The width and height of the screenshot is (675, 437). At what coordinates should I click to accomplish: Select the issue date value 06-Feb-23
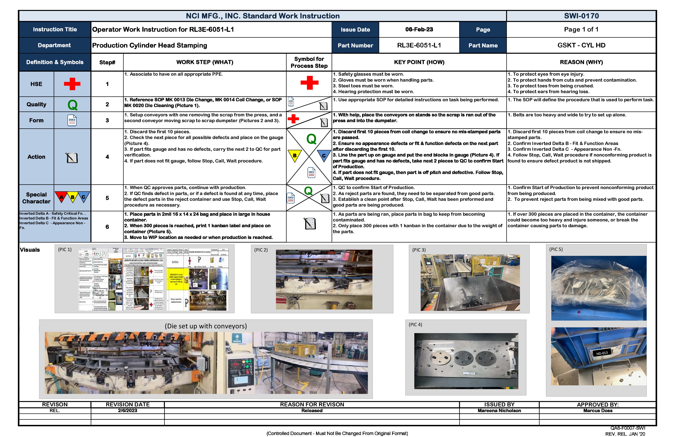tap(419, 30)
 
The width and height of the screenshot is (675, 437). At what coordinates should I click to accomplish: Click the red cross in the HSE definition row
tap(72, 84)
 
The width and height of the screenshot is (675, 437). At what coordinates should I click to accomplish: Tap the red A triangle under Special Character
tap(61, 197)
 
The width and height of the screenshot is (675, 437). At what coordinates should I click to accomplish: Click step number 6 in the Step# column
tap(107, 227)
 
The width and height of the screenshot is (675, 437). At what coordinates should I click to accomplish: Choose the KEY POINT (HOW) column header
tap(419, 62)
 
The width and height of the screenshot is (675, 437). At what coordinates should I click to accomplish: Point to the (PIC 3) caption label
tap(419, 250)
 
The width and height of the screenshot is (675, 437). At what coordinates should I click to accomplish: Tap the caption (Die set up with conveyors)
tap(206, 326)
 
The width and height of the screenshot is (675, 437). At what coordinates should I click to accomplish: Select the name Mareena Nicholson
tap(499, 411)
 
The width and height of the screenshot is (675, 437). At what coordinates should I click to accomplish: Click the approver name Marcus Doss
tap(598, 411)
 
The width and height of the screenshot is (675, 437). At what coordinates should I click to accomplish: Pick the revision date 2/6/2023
tap(128, 411)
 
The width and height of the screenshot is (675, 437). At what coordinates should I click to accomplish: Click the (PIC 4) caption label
tap(415, 325)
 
